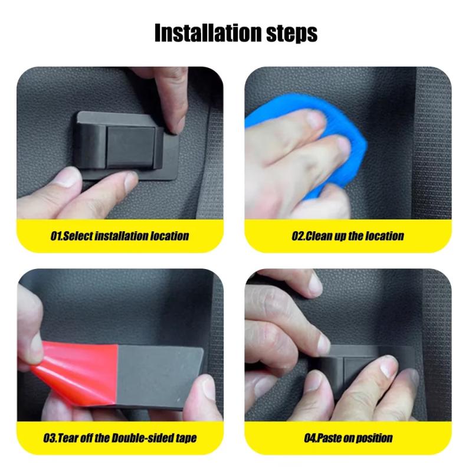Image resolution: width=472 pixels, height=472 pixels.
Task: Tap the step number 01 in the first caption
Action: point(55,236)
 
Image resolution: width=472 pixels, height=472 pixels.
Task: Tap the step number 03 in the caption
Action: point(50,438)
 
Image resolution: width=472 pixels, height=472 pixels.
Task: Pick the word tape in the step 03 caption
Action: point(185,438)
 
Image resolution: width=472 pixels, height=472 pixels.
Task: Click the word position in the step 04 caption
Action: point(375,438)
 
